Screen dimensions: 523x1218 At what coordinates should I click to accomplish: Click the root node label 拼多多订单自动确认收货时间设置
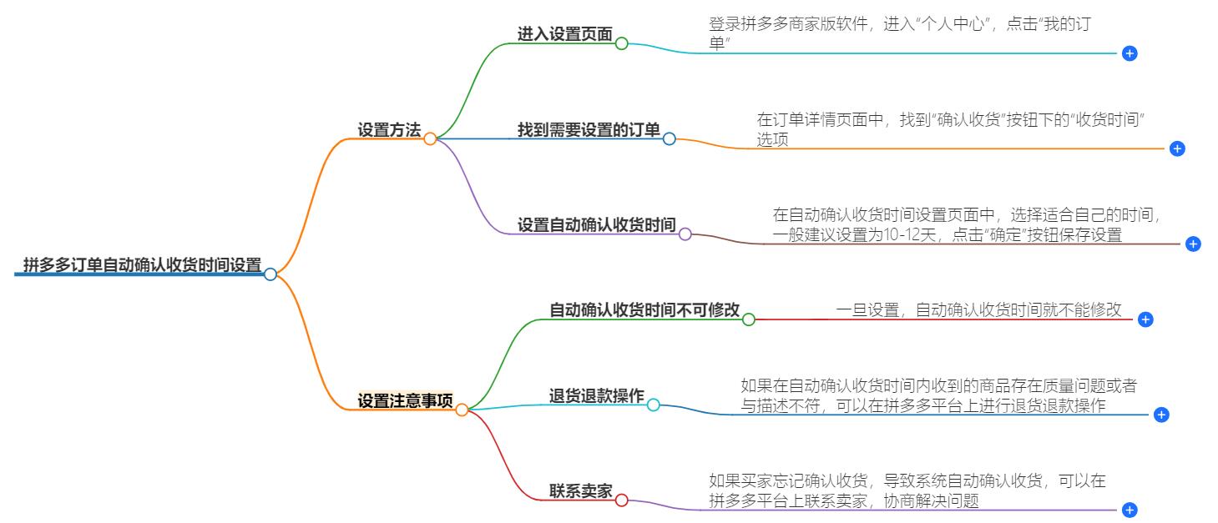click(x=142, y=265)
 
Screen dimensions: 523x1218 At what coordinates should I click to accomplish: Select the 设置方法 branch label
click(x=389, y=130)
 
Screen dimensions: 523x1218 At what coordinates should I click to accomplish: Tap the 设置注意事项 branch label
click(x=405, y=401)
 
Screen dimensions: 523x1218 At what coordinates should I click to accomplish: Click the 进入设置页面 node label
click(x=565, y=35)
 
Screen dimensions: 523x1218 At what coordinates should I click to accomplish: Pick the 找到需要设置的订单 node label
click(x=589, y=130)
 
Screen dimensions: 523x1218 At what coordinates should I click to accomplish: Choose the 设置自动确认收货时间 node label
click(x=596, y=225)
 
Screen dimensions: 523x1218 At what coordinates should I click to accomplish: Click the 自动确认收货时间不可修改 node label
click(x=644, y=310)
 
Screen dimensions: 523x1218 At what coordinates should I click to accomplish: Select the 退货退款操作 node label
click(x=596, y=396)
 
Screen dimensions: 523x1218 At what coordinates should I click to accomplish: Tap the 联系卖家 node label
click(x=580, y=492)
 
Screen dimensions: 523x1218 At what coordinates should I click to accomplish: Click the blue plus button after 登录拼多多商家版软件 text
click(x=1130, y=53)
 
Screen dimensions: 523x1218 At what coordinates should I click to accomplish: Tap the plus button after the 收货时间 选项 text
click(x=1177, y=148)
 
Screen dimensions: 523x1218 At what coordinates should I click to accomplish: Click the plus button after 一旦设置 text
click(x=1145, y=319)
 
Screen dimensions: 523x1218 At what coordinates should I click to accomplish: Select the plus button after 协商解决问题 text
click(x=1130, y=510)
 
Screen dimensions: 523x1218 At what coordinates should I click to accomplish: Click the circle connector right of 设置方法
click(x=430, y=139)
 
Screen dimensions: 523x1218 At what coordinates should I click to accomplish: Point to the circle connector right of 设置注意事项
click(x=462, y=410)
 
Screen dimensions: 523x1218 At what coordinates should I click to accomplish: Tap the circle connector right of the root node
click(x=270, y=274)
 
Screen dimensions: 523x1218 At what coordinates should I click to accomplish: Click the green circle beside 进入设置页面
click(x=621, y=43)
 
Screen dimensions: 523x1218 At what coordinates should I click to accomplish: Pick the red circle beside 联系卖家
click(x=621, y=500)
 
